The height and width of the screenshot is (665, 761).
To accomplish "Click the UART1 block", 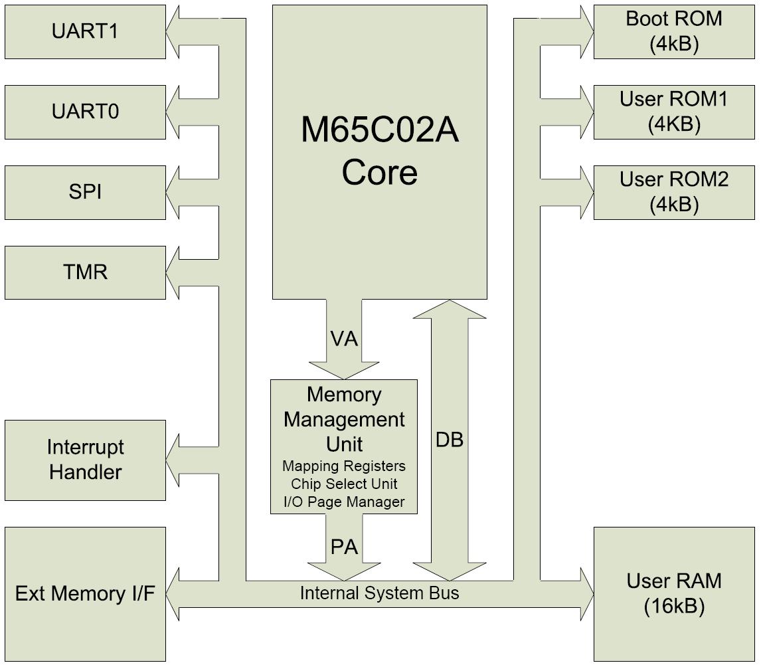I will (85, 32).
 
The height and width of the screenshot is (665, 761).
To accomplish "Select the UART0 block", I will (85, 112).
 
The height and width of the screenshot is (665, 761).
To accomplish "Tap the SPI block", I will (85, 192).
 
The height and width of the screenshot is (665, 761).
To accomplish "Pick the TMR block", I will (85, 272).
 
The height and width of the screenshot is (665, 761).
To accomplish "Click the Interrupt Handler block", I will (85, 460).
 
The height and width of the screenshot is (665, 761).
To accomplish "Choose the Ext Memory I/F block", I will (85, 593).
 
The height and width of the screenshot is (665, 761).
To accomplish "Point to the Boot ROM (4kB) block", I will (674, 31).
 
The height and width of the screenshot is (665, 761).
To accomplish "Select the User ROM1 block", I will (674, 112).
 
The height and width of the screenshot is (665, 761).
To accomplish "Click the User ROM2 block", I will (674, 192).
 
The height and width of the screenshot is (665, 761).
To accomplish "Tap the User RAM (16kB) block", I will (674, 593).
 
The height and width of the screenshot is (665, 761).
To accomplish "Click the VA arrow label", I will (344, 339).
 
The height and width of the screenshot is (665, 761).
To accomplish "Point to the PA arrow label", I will (344, 547).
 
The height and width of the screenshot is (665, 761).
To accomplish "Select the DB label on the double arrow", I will (450, 439).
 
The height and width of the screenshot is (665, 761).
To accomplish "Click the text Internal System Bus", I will (379, 593).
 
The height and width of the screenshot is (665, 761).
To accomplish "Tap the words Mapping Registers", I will (344, 466).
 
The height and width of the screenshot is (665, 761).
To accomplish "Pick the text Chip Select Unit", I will (344, 484).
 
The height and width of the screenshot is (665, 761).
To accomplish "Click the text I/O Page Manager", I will (344, 502).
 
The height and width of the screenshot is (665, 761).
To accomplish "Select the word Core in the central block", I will (379, 172).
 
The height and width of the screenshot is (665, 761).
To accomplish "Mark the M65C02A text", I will (379, 130).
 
